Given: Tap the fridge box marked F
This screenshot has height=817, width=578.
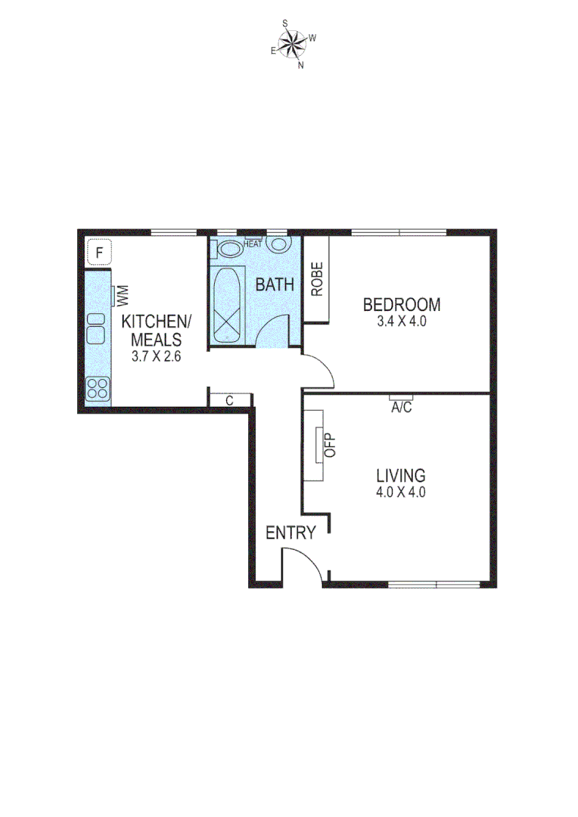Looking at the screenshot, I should tap(99, 251).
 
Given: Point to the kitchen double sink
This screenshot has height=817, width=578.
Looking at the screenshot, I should tap(98, 329).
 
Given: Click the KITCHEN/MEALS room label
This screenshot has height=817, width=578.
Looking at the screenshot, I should tap(156, 329).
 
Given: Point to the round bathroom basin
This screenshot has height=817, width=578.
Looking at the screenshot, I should tap(280, 245).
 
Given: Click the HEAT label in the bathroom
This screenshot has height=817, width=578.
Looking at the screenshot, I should tap(253, 244).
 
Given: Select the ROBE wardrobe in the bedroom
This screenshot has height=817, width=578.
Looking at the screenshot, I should tap(316, 280).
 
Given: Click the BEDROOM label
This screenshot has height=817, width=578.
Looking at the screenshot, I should tap(402, 305).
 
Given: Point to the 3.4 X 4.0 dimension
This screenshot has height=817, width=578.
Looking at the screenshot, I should tap(402, 322).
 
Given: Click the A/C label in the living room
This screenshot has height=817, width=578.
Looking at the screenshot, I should tap(401, 408).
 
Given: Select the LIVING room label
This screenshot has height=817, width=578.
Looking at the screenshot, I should tap(401, 476).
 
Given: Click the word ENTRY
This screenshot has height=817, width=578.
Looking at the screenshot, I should tap(291, 533).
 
